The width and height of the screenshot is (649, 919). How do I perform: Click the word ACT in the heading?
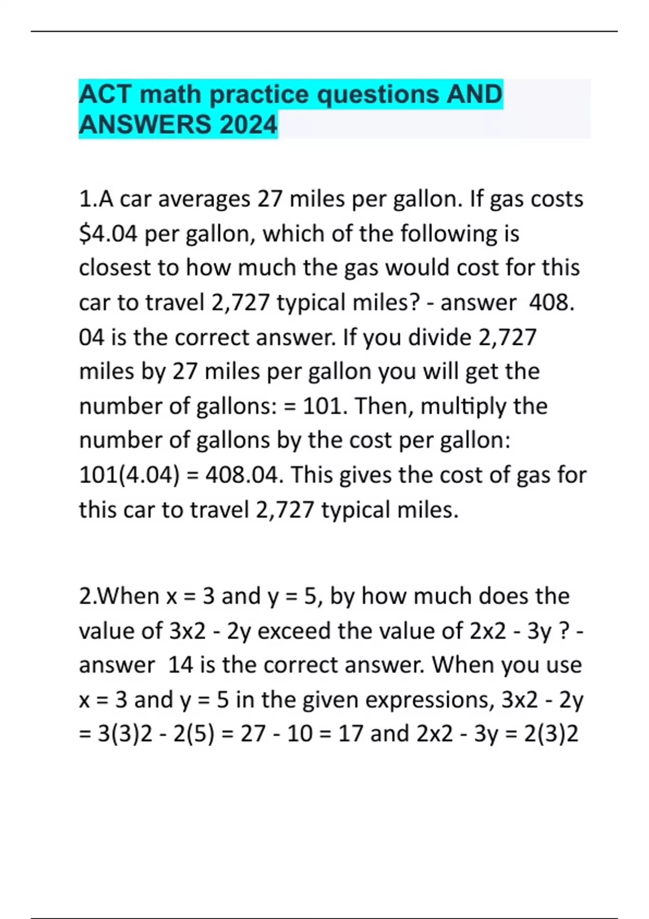(105, 95)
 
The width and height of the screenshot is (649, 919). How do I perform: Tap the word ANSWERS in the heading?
(145, 125)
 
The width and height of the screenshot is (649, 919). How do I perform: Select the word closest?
(115, 268)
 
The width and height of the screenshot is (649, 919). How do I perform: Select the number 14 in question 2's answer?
(181, 665)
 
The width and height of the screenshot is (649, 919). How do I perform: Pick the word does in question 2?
(504, 596)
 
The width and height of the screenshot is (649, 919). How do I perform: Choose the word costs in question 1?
(557, 199)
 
